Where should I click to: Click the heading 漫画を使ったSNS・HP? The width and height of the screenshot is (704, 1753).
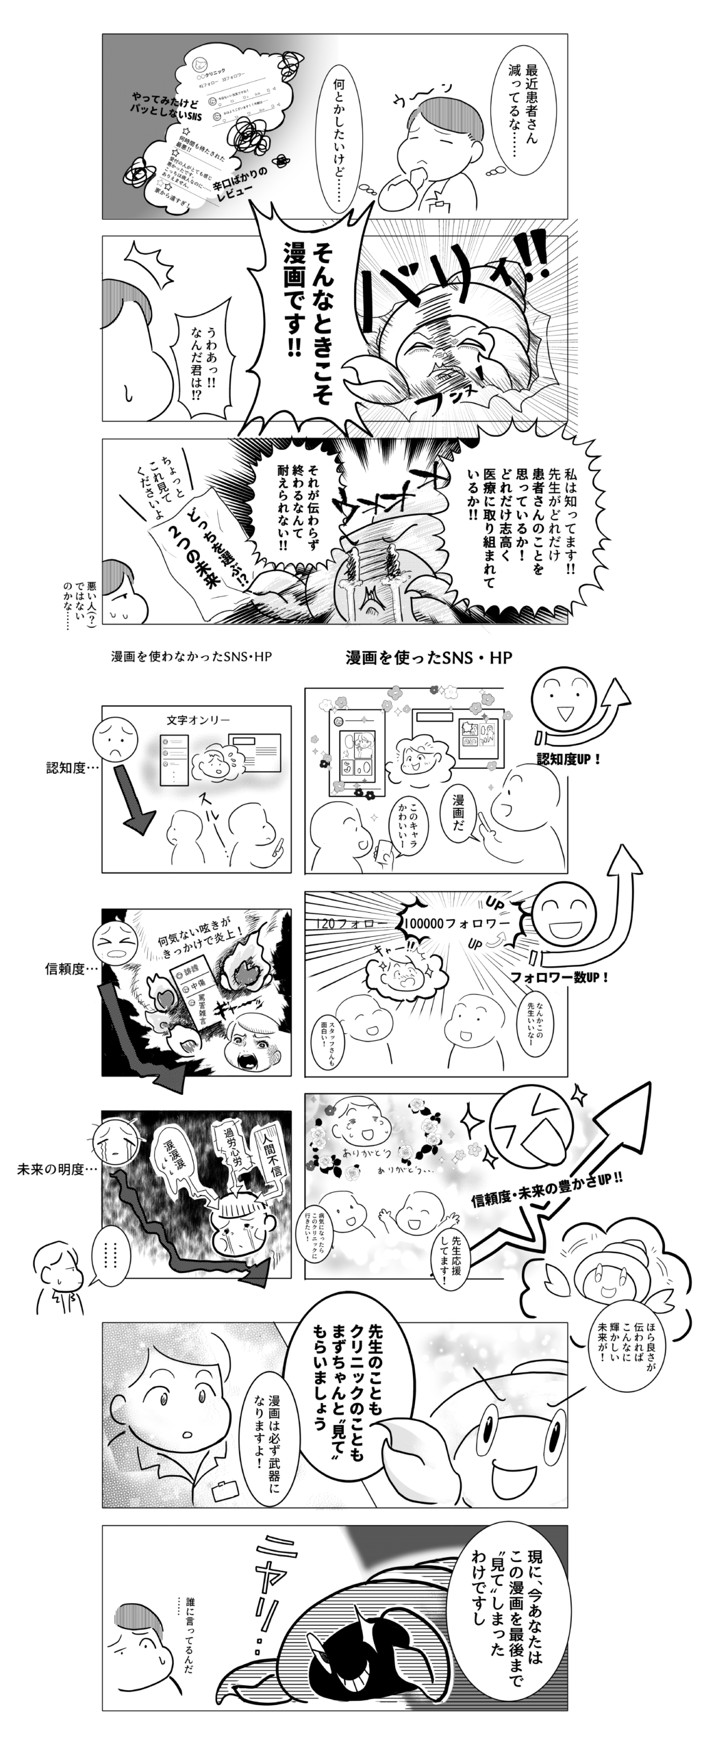[x=429, y=658]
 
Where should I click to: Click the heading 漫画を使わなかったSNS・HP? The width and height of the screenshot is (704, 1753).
[x=192, y=657]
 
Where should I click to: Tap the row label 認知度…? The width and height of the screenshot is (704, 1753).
[x=72, y=768]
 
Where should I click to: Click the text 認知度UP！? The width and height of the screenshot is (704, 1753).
[x=569, y=759]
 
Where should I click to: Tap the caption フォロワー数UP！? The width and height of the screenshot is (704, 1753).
[x=560, y=976]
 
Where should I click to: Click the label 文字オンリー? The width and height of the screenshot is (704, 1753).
[x=198, y=720]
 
